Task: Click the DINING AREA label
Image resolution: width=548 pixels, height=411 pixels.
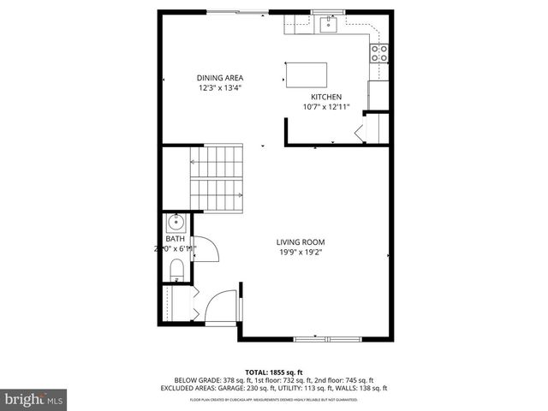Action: pyautogui.click(x=220, y=78)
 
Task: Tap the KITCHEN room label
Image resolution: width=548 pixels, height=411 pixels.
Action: pyautogui.click(x=326, y=97)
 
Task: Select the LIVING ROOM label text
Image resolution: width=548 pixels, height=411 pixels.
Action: pyautogui.click(x=300, y=242)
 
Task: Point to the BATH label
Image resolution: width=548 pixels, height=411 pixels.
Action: pyautogui.click(x=175, y=239)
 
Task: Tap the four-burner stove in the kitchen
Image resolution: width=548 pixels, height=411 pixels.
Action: pyautogui.click(x=378, y=53)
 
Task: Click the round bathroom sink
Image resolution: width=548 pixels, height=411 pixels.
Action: pyautogui.click(x=176, y=224)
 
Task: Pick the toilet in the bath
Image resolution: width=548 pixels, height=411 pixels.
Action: pyautogui.click(x=176, y=271)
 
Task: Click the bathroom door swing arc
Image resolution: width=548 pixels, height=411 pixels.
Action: pyautogui.click(x=208, y=248)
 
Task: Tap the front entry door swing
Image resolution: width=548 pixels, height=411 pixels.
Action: pyautogui.click(x=223, y=305)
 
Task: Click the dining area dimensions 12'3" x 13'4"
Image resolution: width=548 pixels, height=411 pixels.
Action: pyautogui.click(x=220, y=88)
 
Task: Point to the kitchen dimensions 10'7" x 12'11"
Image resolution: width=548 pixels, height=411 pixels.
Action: pyautogui.click(x=326, y=107)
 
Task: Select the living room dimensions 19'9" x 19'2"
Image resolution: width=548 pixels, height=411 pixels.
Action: pyautogui.click(x=300, y=253)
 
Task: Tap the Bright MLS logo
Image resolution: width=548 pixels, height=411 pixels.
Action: pyautogui.click(x=34, y=399)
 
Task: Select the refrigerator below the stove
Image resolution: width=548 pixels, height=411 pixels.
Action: pyautogui.click(x=378, y=94)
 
